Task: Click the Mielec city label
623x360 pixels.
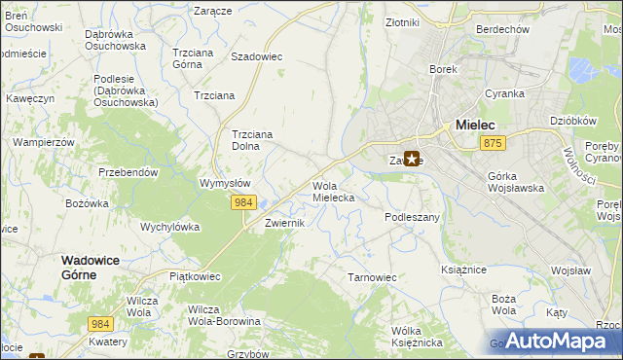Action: coord(475,125)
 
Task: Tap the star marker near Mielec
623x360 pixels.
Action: coord(412,160)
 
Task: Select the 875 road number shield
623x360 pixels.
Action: coord(492,143)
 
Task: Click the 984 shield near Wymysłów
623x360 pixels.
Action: coord(243,201)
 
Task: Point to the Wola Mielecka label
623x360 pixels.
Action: coord(333,191)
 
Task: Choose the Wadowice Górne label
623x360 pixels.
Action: coord(97,268)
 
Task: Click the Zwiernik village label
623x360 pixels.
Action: coord(285,223)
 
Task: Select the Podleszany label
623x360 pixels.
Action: coord(413,217)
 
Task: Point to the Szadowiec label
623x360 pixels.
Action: coord(256,56)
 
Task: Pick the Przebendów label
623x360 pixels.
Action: coord(128,171)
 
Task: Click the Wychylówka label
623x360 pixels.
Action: coord(170,227)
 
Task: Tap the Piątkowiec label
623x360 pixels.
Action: coord(195,276)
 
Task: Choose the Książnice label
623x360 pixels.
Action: coord(463,268)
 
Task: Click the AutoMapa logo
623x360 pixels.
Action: coord(556,341)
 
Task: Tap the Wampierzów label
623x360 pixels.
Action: coord(44,142)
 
